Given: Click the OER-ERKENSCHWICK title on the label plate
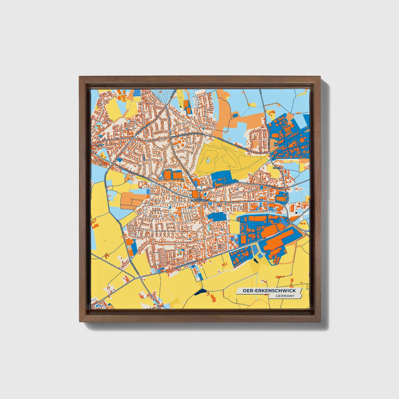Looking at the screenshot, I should pyautogui.click(x=269, y=290).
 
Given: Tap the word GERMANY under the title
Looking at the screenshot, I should pyautogui.click(x=285, y=296).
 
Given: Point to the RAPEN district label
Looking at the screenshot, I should pyautogui.click(x=276, y=168).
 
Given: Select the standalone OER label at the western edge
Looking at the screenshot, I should pyautogui.click(x=99, y=145).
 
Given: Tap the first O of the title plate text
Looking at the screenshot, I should pyautogui.click(x=245, y=290).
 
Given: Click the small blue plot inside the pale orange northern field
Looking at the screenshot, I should pyautogui.click(x=235, y=115).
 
